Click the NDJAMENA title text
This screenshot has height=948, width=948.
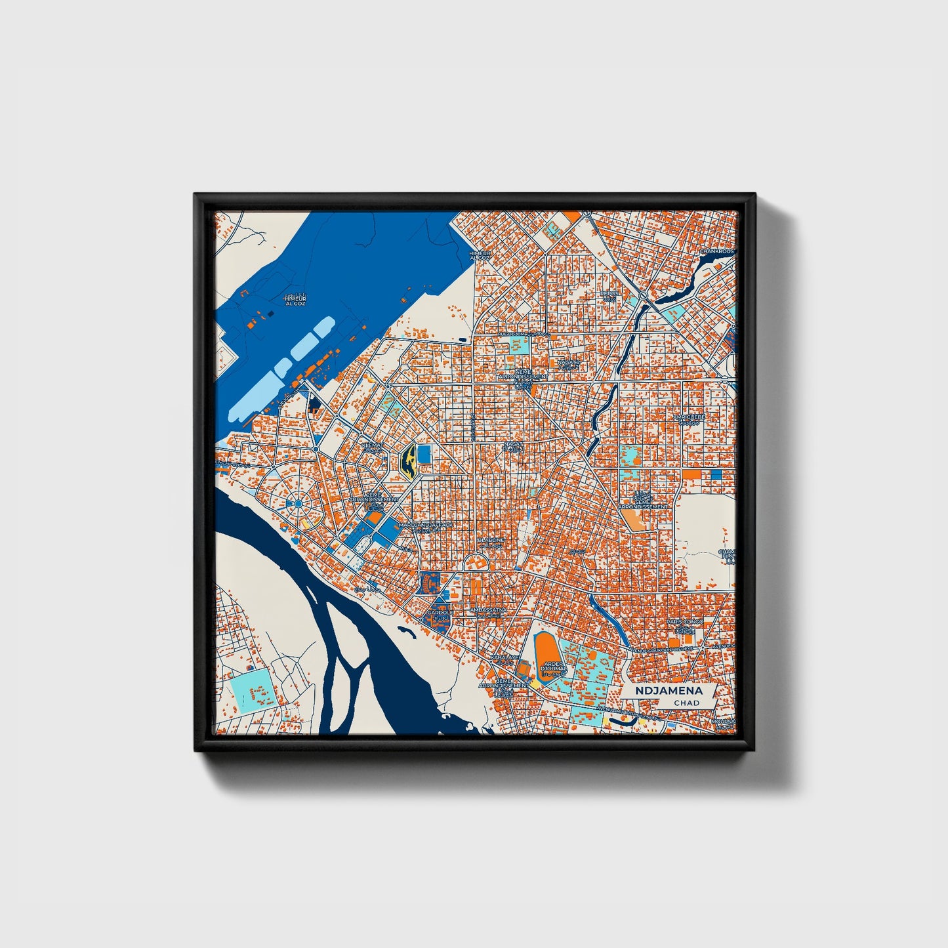click(669, 691)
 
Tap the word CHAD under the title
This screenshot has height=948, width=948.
click(686, 703)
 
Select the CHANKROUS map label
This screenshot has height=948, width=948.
click(717, 251)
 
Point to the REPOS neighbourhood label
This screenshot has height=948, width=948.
click(609, 293)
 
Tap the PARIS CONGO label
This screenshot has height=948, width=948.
click(684, 621)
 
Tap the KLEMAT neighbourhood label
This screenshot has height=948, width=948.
click(373, 444)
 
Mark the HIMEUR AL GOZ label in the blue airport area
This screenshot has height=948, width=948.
click(295, 300)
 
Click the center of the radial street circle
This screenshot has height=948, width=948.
click(297, 503)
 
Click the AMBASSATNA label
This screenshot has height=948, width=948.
click(488, 610)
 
